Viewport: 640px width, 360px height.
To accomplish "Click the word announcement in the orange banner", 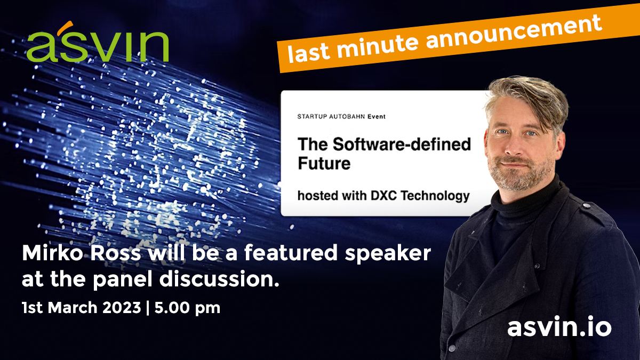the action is tap(514, 31).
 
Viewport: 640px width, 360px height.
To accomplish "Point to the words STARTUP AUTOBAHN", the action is tap(331, 117).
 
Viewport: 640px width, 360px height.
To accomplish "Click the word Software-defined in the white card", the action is tap(402, 145).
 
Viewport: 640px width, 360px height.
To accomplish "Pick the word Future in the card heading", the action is tap(324, 163).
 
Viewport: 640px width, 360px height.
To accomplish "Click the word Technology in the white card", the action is tap(435, 196).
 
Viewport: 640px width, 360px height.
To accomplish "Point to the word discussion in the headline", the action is tap(219, 278).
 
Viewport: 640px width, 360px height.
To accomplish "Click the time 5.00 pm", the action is tap(187, 308).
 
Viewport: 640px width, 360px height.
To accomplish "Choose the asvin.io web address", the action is tap(559, 326).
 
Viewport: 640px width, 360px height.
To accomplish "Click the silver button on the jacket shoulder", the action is tap(586, 205).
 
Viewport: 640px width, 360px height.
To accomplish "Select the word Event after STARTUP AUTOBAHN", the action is tap(377, 117).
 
